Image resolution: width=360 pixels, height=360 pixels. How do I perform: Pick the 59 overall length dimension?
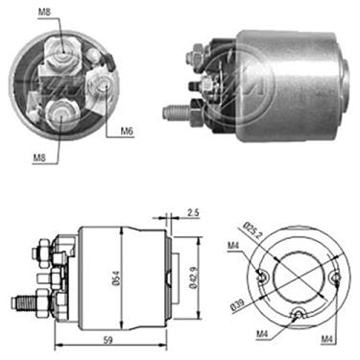click(109, 338)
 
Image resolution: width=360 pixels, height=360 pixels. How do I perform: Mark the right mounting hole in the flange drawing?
click(333, 278)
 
